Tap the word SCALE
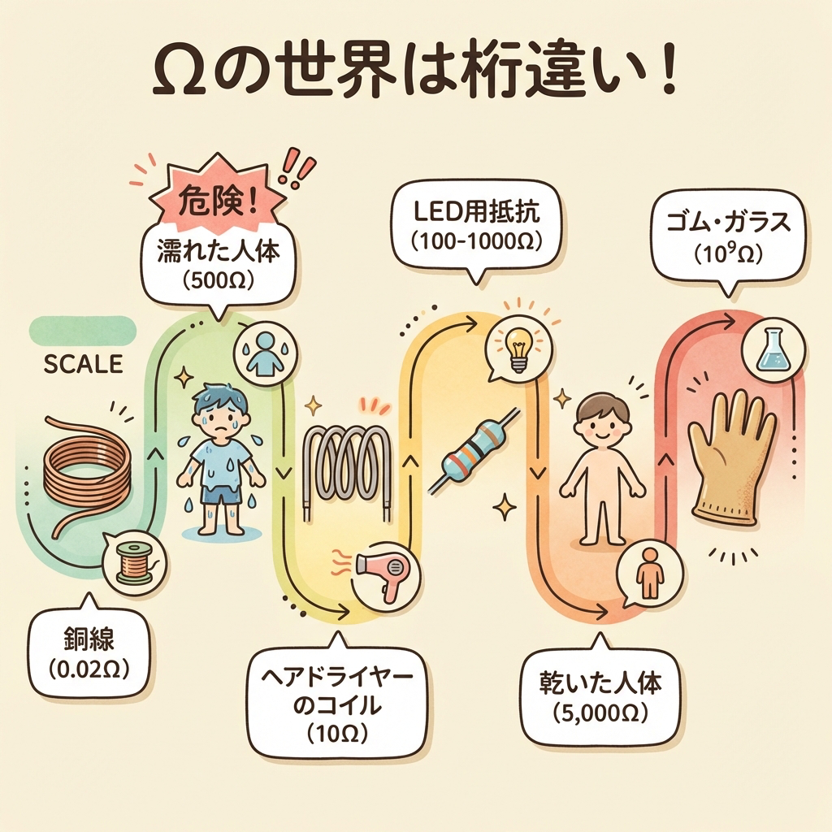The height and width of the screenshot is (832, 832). tap(83, 364)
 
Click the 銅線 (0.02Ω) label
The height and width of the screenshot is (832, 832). tap(89, 653)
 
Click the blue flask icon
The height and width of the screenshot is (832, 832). tap(773, 350)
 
